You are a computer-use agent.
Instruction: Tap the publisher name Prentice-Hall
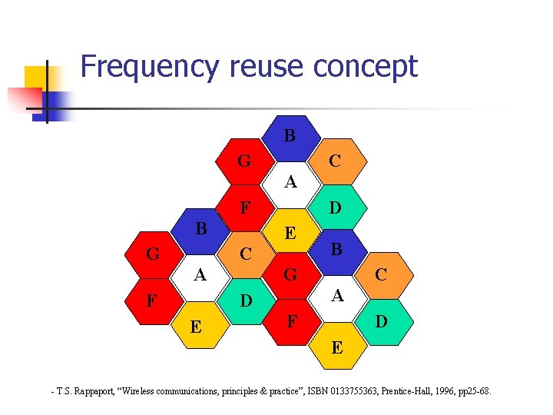419,393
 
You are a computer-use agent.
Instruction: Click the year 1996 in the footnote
456,393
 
